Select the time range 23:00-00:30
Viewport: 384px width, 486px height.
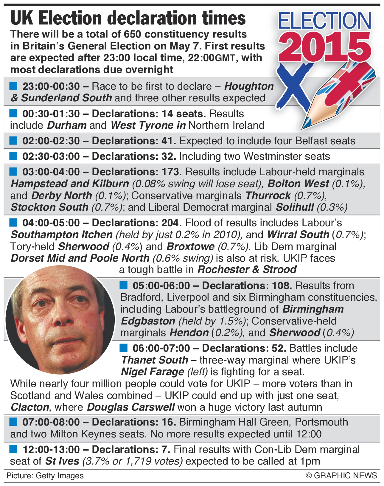coord(51,86)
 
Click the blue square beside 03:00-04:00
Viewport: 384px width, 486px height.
coord(13,172)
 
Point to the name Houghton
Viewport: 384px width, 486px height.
coord(249,86)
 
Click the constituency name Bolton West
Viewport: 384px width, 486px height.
coord(298,184)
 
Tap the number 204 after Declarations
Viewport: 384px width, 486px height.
coord(171,223)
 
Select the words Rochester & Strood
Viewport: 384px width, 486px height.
coord(247,270)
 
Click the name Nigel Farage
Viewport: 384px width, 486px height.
coord(153,372)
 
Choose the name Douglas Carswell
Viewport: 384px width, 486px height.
coord(131,407)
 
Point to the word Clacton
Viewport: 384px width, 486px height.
coord(30,407)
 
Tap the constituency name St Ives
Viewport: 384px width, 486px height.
coord(62,461)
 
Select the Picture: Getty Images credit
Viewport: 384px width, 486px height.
coord(45,476)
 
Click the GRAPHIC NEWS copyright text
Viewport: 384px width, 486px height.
coord(341,476)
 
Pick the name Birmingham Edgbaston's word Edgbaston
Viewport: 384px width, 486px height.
coord(148,321)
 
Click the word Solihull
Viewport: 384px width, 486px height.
coord(295,207)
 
